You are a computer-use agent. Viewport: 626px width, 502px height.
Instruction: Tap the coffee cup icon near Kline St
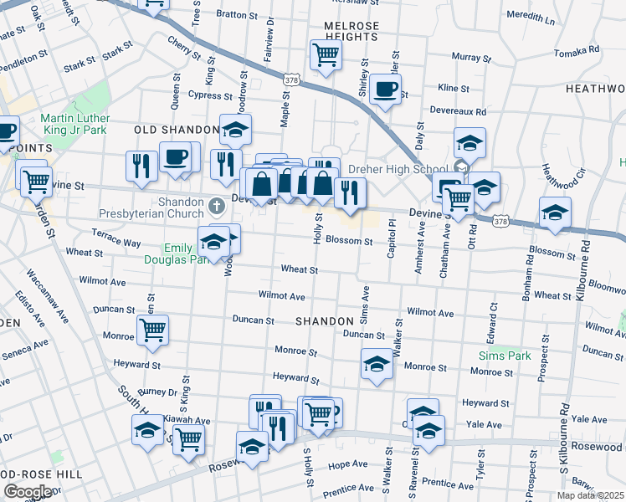(385, 90)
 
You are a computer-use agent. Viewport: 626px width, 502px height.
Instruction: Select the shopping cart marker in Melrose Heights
(326, 56)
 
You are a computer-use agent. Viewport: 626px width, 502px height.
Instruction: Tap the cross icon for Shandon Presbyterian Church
(218, 204)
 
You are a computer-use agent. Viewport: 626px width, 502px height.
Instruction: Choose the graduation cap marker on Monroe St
(377, 364)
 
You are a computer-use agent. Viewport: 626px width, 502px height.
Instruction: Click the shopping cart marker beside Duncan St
(152, 331)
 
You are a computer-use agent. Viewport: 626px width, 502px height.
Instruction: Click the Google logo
(28, 491)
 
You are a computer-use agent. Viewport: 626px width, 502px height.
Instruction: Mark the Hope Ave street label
(348, 464)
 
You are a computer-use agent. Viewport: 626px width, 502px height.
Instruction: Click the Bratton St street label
(237, 14)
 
